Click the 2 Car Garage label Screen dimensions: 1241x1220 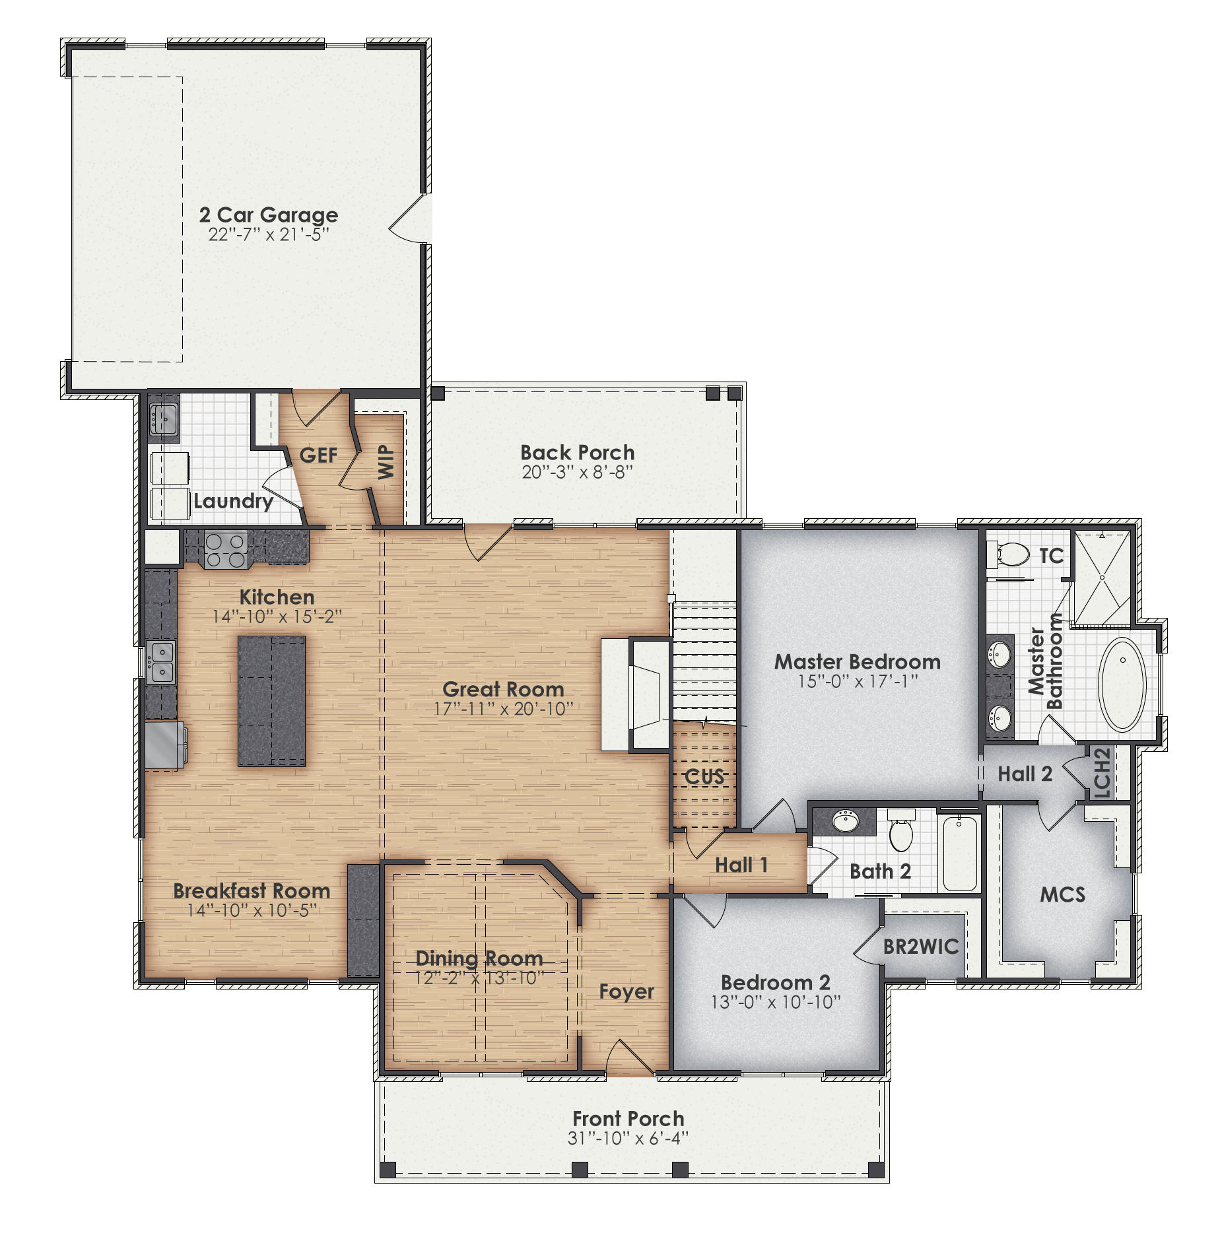[x=269, y=215]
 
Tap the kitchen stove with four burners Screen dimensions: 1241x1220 [x=226, y=549]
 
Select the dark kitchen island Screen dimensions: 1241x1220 [x=271, y=700]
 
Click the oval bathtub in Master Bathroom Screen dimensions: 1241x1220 [x=1122, y=684]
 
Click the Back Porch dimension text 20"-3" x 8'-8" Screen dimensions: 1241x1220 [x=577, y=472]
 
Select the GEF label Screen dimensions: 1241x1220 [x=318, y=455]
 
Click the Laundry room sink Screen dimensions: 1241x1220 [x=163, y=417]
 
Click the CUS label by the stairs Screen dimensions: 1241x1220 [x=704, y=776]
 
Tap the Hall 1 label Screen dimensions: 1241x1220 [x=741, y=865]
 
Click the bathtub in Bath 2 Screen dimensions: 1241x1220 [x=960, y=853]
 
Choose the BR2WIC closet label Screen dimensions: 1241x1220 [x=921, y=947]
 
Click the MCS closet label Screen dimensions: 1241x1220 [x=1062, y=894]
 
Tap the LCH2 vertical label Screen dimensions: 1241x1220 [x=1102, y=772]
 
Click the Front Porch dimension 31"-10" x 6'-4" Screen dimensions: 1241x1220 [x=628, y=1138]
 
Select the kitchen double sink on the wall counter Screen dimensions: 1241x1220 [x=160, y=662]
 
